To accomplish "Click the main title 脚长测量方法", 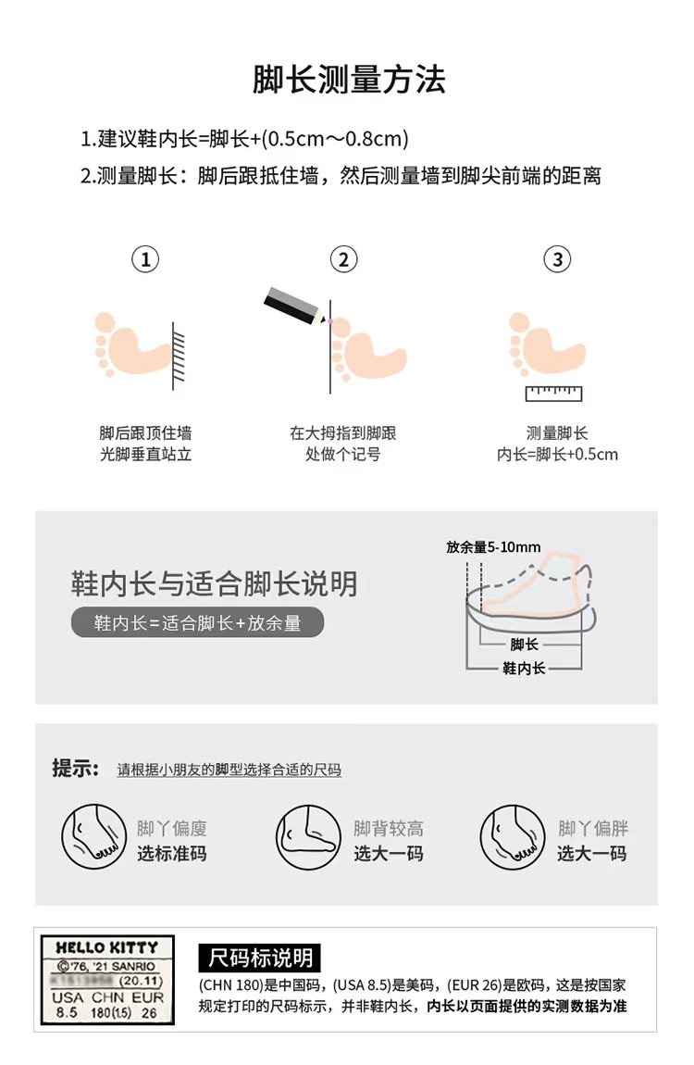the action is click(x=349, y=80).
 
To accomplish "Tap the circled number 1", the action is click(x=145, y=259).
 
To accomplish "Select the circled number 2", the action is click(x=343, y=259).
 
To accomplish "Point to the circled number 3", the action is click(x=558, y=259).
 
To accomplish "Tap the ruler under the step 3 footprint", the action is click(x=553, y=394).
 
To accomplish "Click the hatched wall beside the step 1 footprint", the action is click(x=179, y=357).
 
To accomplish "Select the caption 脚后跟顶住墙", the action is click(x=145, y=433).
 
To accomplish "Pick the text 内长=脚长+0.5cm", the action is click(x=558, y=455).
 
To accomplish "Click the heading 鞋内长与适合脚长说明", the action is click(x=214, y=583).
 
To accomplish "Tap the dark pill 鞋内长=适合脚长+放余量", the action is click(x=197, y=623).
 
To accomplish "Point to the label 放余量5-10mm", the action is click(x=493, y=546).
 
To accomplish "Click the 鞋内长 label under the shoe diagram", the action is click(x=524, y=669).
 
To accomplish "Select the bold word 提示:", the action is click(x=75, y=768).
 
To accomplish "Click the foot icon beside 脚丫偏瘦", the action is click(x=94, y=837).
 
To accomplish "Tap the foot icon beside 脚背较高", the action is click(x=308, y=837).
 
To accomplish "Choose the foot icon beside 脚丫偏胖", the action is click(x=513, y=837).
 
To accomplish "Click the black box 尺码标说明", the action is click(x=260, y=958).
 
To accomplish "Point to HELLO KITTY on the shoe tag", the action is click(x=107, y=946).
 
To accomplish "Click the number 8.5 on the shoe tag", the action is click(x=67, y=1013).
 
